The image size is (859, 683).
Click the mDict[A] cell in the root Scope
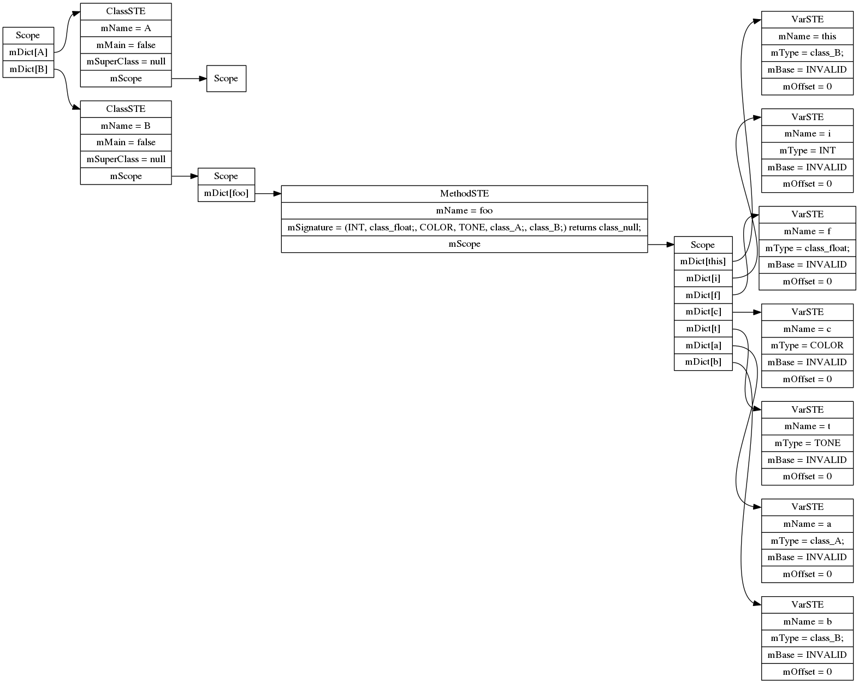click(x=28, y=52)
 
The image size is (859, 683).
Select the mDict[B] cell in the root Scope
click(x=28, y=69)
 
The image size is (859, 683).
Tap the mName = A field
click(x=126, y=28)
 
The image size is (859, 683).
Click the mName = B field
click(x=126, y=126)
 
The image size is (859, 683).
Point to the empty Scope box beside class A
click(x=226, y=79)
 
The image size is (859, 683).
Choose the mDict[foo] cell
click(x=226, y=193)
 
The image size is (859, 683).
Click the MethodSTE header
click(x=464, y=194)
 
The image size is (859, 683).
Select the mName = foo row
click(x=464, y=211)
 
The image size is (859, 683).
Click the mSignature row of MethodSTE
click(x=464, y=227)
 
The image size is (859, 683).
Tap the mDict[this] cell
click(x=703, y=262)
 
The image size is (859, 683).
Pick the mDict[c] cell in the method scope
click(x=703, y=312)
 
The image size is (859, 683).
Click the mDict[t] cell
click(x=703, y=329)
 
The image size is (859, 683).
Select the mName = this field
click(x=807, y=37)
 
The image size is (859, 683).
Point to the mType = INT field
click(x=807, y=151)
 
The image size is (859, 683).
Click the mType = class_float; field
click(x=807, y=248)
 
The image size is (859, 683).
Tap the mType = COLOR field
click(x=807, y=346)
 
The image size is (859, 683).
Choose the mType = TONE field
click(x=807, y=443)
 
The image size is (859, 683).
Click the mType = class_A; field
click(x=807, y=541)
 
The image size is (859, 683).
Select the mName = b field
click(x=807, y=622)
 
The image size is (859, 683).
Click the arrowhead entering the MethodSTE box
click(x=277, y=194)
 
